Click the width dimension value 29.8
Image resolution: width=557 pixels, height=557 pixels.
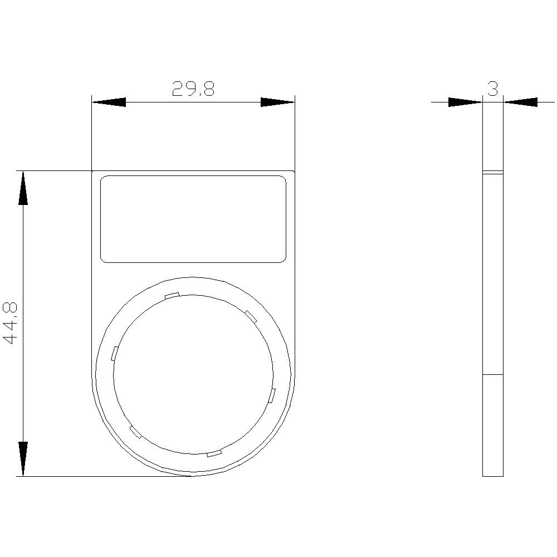pyautogui.click(x=193, y=89)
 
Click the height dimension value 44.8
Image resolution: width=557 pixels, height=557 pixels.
pyautogui.click(x=12, y=323)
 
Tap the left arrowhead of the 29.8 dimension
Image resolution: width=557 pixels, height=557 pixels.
pyautogui.click(x=109, y=102)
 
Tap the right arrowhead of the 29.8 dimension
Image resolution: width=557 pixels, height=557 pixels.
pyautogui.click(x=277, y=102)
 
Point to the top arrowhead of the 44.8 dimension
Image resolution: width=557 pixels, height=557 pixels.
pyautogui.click(x=22, y=188)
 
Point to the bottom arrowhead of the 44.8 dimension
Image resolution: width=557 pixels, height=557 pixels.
pyautogui.click(x=22, y=459)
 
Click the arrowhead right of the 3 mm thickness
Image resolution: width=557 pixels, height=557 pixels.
pyautogui.click(x=521, y=102)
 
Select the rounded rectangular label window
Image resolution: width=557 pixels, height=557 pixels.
pyautogui.click(x=193, y=219)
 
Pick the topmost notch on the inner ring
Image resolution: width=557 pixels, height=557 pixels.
pyautogui.click(x=172, y=296)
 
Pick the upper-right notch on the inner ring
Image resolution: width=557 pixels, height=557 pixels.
pyautogui.click(x=251, y=316)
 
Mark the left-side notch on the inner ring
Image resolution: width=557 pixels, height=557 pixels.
pyautogui.click(x=114, y=353)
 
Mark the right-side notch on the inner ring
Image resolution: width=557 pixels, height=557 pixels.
pyautogui.click(x=272, y=396)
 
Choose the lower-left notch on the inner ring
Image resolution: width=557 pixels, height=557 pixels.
pyautogui.click(x=135, y=432)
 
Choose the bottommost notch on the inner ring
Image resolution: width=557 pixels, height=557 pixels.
pyautogui.click(x=214, y=453)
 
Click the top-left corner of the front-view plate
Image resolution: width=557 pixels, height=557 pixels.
pyautogui.click(x=92, y=171)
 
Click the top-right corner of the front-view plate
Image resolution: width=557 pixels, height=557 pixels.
pyautogui.click(x=294, y=171)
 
